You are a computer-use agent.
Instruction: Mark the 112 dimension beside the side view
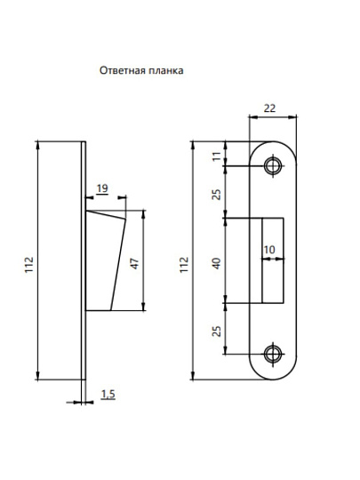click(30, 262)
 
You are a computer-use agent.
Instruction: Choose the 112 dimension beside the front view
click(185, 262)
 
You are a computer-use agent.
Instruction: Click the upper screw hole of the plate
click(271, 165)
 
